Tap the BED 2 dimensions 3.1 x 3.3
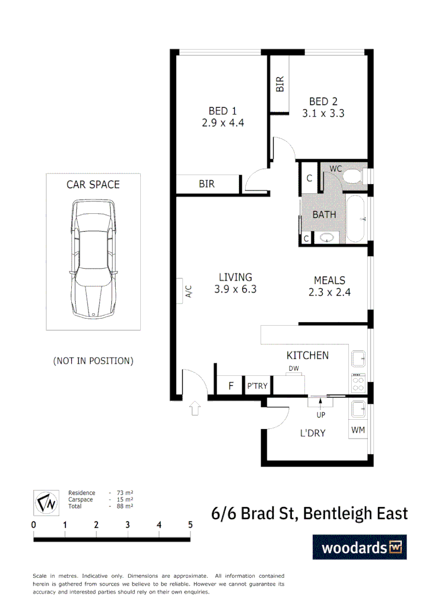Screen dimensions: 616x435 (x=323, y=114)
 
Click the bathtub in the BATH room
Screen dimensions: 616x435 (x=358, y=219)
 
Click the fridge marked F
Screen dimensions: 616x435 (x=231, y=386)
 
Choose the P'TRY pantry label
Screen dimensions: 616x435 (x=258, y=386)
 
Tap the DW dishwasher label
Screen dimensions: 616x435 (x=294, y=368)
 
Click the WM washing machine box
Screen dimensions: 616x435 (x=358, y=429)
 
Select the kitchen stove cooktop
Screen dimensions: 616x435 (x=358, y=382)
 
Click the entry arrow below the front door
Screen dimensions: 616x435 (x=195, y=408)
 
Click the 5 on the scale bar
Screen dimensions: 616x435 (x=190, y=525)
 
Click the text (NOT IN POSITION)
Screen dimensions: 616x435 (x=93, y=360)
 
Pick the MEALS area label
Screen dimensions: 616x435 (x=330, y=280)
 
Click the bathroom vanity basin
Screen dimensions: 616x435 (x=328, y=238)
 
